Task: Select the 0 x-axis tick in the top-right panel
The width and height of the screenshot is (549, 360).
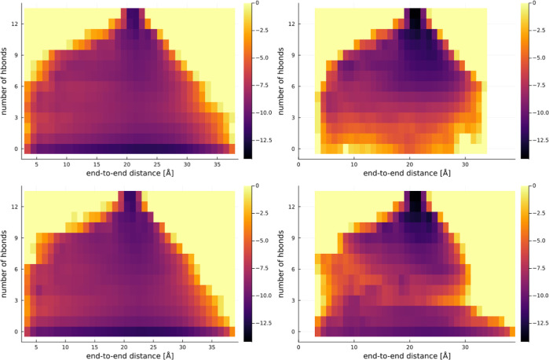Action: coord(298,165)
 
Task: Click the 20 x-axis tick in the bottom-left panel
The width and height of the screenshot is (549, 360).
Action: coord(124,347)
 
